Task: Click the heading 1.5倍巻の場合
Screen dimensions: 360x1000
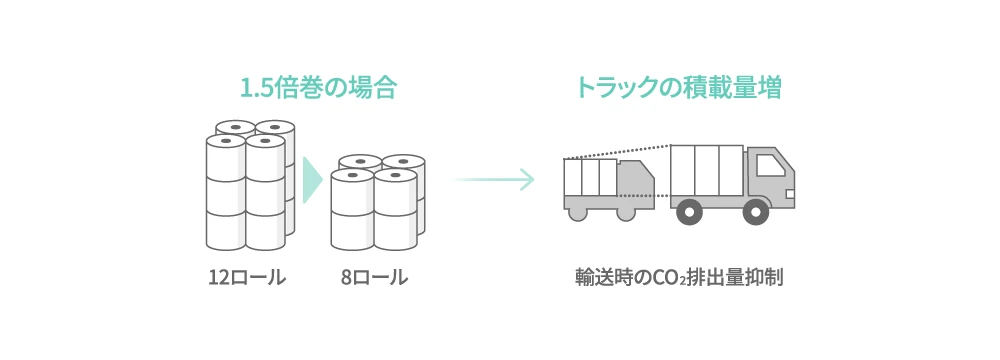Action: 319,88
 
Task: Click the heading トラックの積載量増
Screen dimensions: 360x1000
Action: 677,88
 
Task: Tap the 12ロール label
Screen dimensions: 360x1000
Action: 247,278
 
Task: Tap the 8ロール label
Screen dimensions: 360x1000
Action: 374,278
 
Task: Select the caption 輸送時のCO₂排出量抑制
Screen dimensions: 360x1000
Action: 678,278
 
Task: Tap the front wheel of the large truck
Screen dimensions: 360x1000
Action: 755,211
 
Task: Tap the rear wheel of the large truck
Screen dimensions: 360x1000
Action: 688,211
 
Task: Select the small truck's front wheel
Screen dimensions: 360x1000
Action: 626,212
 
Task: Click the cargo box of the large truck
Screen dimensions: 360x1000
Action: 706,171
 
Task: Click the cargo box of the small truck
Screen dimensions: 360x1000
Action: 590,177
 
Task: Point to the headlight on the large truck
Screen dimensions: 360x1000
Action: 790,193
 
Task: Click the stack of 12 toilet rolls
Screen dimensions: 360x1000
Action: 250,185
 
